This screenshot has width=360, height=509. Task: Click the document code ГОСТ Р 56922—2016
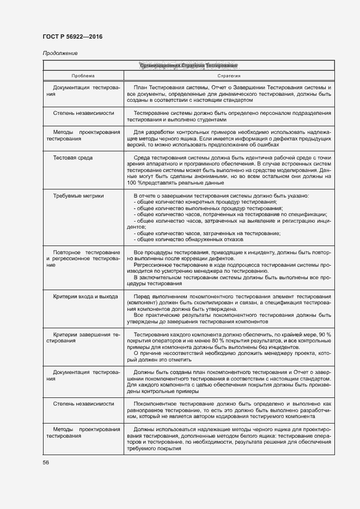point(72,36)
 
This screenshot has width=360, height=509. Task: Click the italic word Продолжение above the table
point(60,53)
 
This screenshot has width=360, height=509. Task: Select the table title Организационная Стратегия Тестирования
point(188,66)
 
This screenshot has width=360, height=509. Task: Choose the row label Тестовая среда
point(72,158)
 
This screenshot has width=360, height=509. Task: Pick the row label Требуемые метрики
point(78,195)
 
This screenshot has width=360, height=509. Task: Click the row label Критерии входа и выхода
point(85,297)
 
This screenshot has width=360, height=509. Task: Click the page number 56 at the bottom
point(46,462)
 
